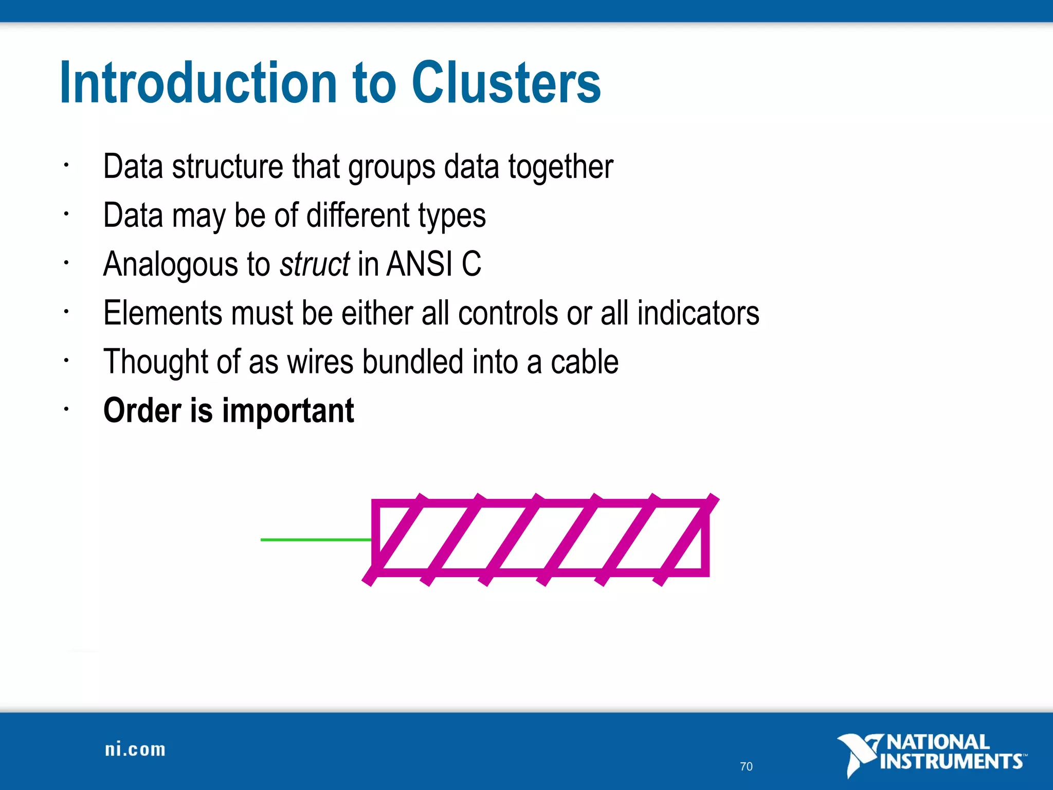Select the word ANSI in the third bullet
pyautogui.click(x=419, y=264)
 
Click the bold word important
pyautogui.click(x=288, y=411)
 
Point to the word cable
pyautogui.click(x=585, y=362)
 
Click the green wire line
pyautogui.click(x=315, y=540)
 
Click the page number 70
pyautogui.click(x=746, y=767)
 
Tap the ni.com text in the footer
pyautogui.click(x=135, y=749)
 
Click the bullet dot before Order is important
pyautogui.click(x=66, y=409)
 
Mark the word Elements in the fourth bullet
pyautogui.click(x=162, y=313)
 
